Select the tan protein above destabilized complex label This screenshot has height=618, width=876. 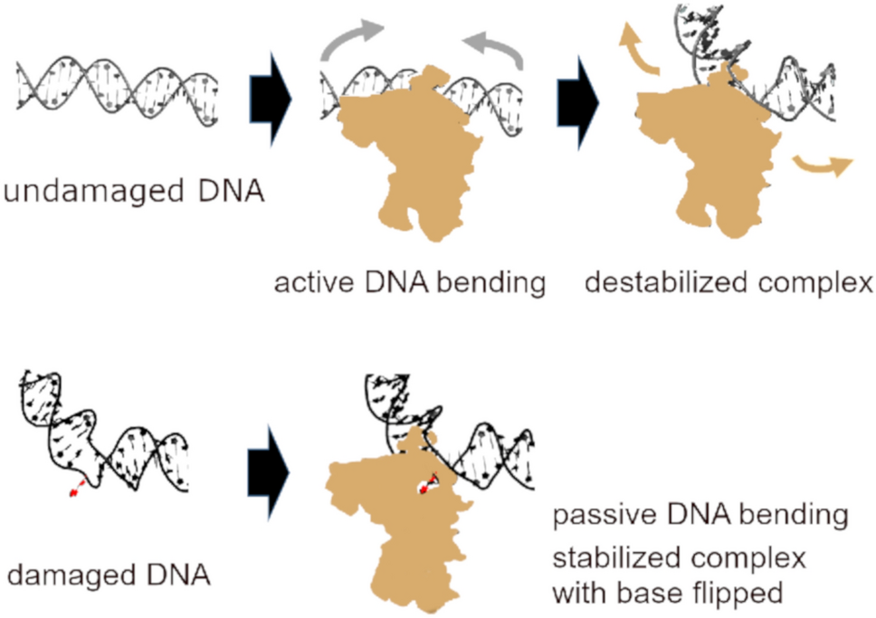point(715,163)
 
